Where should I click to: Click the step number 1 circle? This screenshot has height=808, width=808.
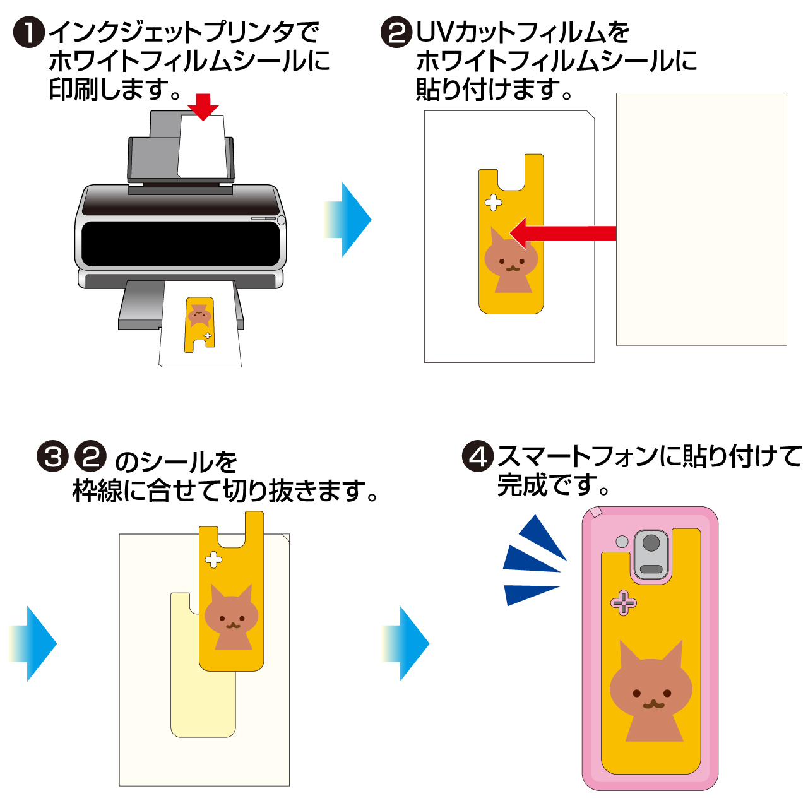(29, 32)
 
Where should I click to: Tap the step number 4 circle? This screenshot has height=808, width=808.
(477, 456)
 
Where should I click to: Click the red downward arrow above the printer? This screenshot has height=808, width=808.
(203, 106)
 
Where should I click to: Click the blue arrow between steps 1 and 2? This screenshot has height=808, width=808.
(349, 220)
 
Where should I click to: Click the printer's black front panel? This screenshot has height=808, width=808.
(181, 244)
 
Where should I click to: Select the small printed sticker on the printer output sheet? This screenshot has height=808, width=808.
(199, 324)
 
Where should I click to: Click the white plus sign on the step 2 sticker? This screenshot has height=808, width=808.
(493, 203)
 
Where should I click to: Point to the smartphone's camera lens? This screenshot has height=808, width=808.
(651, 543)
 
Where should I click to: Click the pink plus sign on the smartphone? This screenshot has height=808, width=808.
(624, 603)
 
